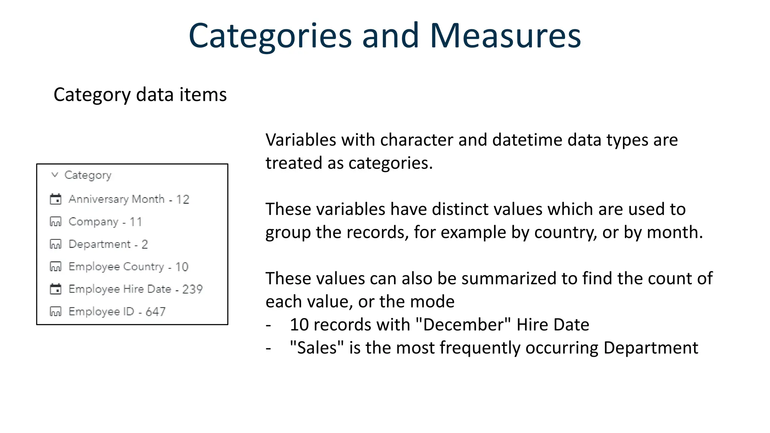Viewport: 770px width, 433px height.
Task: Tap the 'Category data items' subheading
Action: [140, 95]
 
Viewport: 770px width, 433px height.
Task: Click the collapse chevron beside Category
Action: [55, 175]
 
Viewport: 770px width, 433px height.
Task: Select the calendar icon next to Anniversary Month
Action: [56, 199]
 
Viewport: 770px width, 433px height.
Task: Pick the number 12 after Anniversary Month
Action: [183, 199]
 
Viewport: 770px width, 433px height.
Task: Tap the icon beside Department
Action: [56, 244]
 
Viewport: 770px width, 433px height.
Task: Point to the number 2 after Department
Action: [145, 244]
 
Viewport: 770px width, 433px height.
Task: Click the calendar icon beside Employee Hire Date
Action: [56, 289]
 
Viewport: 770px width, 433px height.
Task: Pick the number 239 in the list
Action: [192, 289]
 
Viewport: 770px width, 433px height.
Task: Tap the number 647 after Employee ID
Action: [155, 312]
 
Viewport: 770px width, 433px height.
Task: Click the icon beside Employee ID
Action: [56, 312]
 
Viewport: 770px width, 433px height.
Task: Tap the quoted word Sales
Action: [317, 348]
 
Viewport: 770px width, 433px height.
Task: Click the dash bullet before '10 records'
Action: [268, 325]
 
